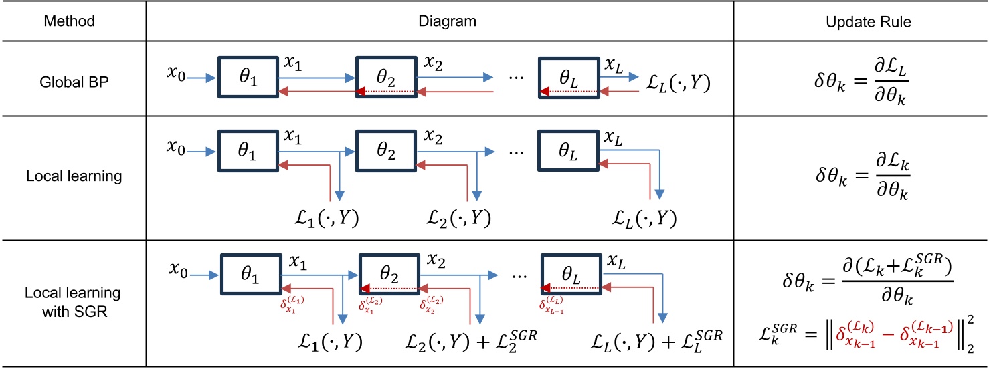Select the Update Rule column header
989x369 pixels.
(861, 21)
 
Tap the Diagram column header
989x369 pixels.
(440, 21)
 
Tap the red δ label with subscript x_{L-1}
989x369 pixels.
(549, 305)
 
